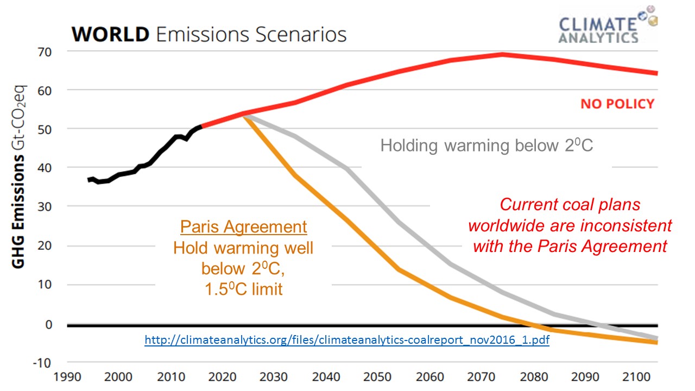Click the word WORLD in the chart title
(x=110, y=34)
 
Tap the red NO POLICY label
(x=617, y=104)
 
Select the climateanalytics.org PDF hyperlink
(x=347, y=341)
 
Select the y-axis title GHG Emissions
(x=18, y=212)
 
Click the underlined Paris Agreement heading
(x=244, y=227)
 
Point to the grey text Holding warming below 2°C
(x=486, y=146)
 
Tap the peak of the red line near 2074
(x=502, y=54)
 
